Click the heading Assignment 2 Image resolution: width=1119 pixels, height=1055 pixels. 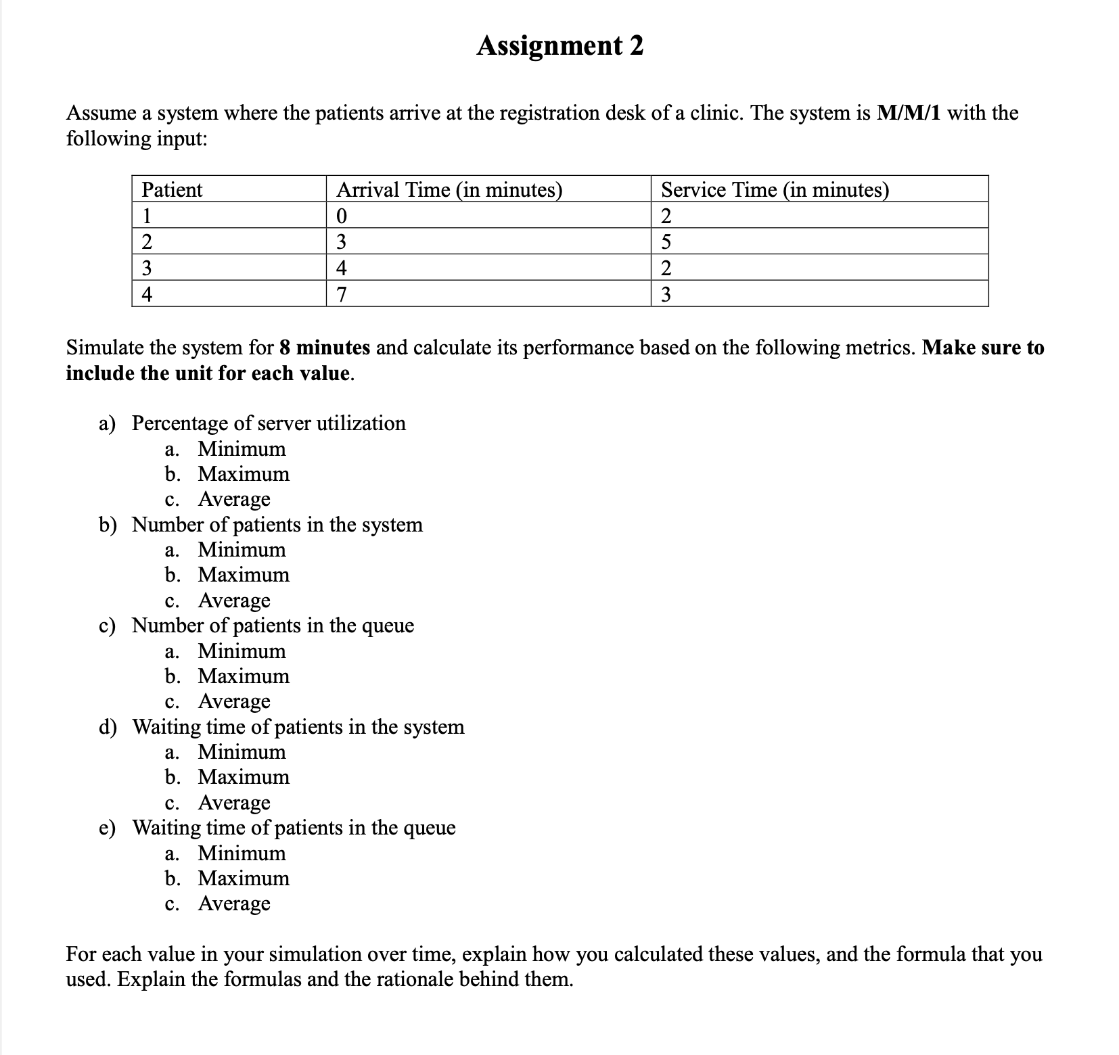[x=559, y=46]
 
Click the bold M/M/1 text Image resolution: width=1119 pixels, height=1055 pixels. [x=909, y=112]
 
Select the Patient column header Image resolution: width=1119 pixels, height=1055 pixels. [x=172, y=189]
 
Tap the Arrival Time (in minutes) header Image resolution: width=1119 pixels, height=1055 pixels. [x=449, y=189]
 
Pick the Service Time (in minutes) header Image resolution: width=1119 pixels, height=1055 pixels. [x=775, y=189]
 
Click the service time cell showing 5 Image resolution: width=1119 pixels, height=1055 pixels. [x=666, y=241]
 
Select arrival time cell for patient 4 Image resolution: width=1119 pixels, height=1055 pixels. [x=342, y=294]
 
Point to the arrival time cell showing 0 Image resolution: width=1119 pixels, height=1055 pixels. [x=342, y=216]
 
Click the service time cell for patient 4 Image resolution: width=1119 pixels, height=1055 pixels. [x=666, y=294]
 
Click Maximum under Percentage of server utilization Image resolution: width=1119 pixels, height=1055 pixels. [x=244, y=474]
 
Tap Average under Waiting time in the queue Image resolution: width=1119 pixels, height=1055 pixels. [x=234, y=904]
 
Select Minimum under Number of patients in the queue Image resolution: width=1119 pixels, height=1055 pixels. [x=242, y=651]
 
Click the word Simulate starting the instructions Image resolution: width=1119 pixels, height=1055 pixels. [x=104, y=348]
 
